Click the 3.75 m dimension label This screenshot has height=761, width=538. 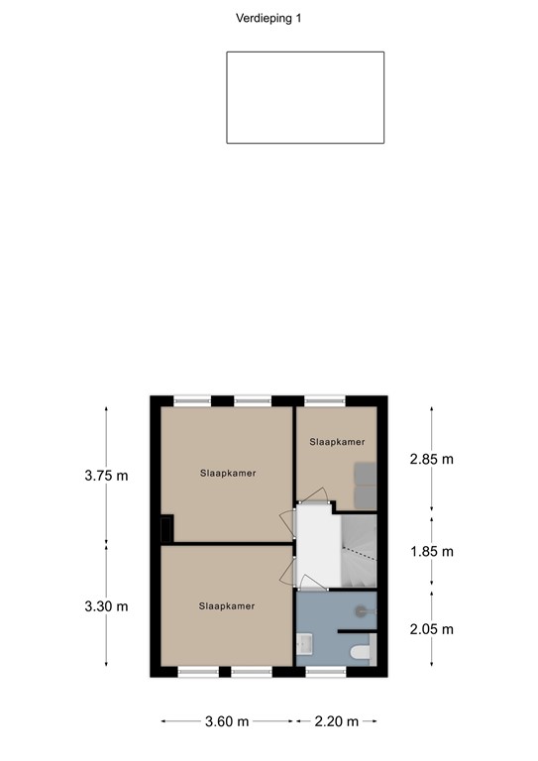click(106, 475)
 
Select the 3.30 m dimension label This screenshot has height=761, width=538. click(106, 605)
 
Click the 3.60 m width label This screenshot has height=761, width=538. click(227, 721)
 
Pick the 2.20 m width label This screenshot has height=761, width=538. click(336, 721)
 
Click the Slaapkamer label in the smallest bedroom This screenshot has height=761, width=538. click(337, 442)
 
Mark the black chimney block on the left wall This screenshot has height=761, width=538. click(168, 528)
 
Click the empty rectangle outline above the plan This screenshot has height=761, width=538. click(305, 98)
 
